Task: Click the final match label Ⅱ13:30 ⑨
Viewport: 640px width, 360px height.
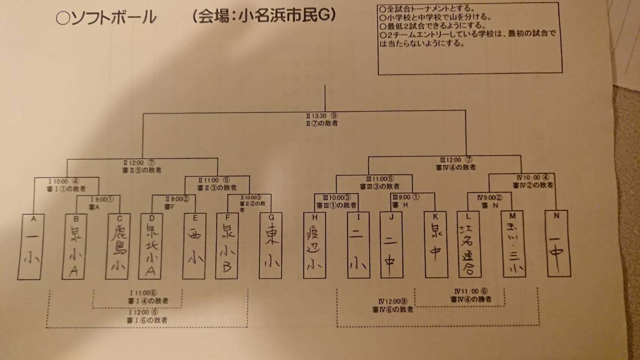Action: point(322,116)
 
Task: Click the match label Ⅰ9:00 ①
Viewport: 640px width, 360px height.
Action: point(102,200)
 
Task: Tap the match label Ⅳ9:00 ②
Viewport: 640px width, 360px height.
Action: point(490,198)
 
